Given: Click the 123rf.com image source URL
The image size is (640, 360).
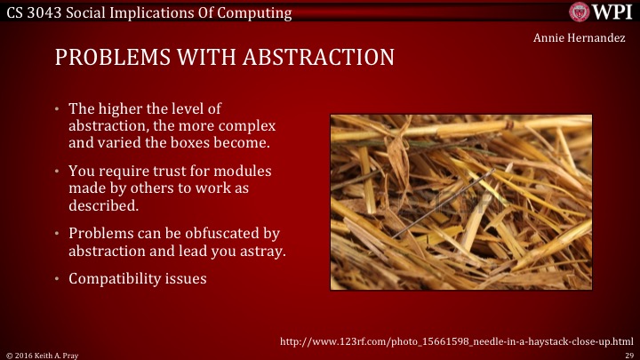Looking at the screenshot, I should (x=456, y=340).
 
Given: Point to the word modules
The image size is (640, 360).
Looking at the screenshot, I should (x=243, y=171).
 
